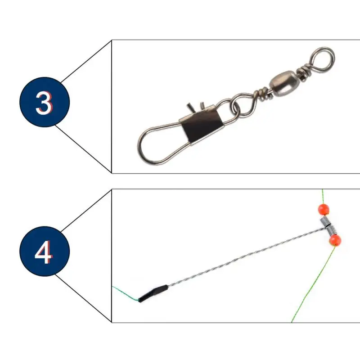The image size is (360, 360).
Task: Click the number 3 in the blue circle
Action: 44,103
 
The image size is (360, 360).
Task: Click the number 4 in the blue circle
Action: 44,252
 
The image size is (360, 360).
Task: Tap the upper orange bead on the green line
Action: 324,209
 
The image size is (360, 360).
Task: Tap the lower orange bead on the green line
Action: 335,240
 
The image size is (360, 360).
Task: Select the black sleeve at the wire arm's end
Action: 153,293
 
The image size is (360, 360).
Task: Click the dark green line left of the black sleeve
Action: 125,293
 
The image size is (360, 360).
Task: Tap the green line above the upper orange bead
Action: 323,197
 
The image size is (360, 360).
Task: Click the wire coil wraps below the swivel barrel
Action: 263,94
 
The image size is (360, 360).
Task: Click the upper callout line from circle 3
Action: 86,61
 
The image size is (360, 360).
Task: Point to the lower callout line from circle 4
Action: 83,298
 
